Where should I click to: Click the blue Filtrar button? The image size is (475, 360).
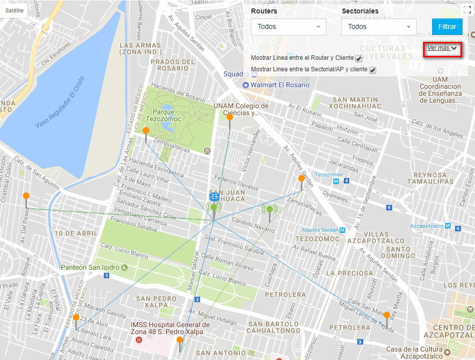click(x=447, y=26)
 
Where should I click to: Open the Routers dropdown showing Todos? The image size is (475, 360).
click(x=288, y=27)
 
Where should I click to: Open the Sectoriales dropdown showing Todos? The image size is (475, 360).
click(x=379, y=27)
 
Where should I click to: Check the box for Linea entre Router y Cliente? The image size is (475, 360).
click(x=359, y=59)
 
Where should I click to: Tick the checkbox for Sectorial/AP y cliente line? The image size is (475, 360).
click(x=372, y=70)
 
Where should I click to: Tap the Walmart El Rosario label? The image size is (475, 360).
click(x=280, y=85)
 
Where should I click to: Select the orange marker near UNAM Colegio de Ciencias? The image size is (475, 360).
click(x=230, y=117)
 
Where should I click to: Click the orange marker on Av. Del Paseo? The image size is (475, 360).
click(x=26, y=196)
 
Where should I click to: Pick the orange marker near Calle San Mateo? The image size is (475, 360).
click(x=387, y=315)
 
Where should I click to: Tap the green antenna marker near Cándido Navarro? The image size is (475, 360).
click(x=269, y=209)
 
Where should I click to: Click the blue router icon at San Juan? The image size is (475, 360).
click(x=214, y=197)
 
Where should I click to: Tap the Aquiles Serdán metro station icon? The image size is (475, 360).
click(x=342, y=230)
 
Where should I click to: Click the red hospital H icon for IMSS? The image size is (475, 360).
click(x=139, y=340)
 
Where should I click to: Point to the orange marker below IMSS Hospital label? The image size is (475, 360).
click(x=180, y=340)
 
